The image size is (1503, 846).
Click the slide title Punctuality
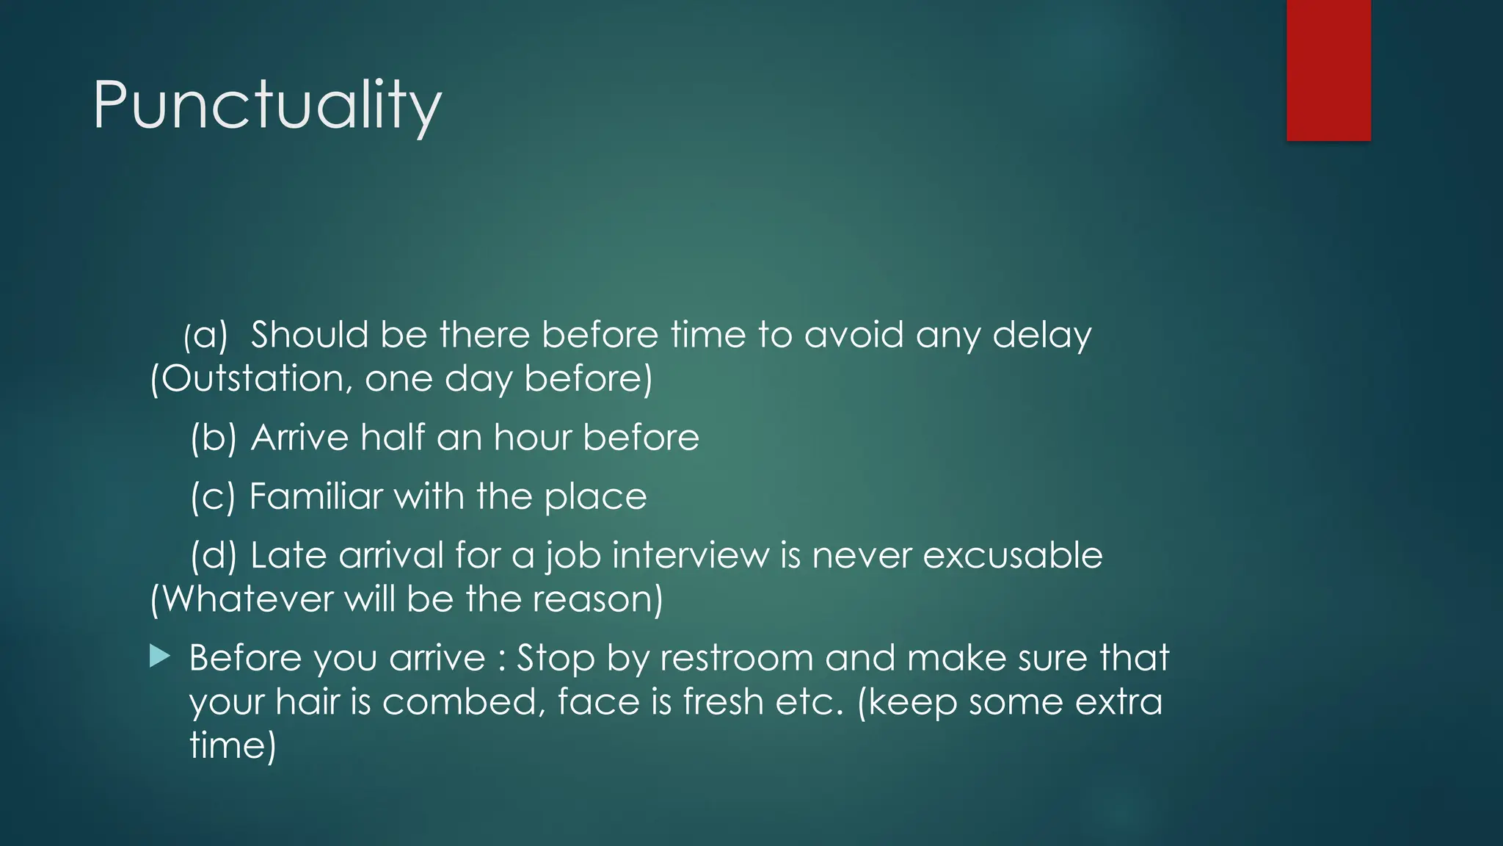[267, 106]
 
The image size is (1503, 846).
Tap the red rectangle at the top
[1328, 70]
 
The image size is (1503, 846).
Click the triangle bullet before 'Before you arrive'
[159, 657]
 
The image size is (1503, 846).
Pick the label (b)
[214, 438]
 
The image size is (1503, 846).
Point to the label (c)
[213, 497]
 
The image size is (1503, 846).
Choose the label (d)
[214, 556]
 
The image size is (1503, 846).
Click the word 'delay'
[1041, 336]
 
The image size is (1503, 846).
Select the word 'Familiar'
[316, 496]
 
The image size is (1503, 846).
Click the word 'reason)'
[597, 599]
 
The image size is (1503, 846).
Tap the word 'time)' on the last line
[233, 746]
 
